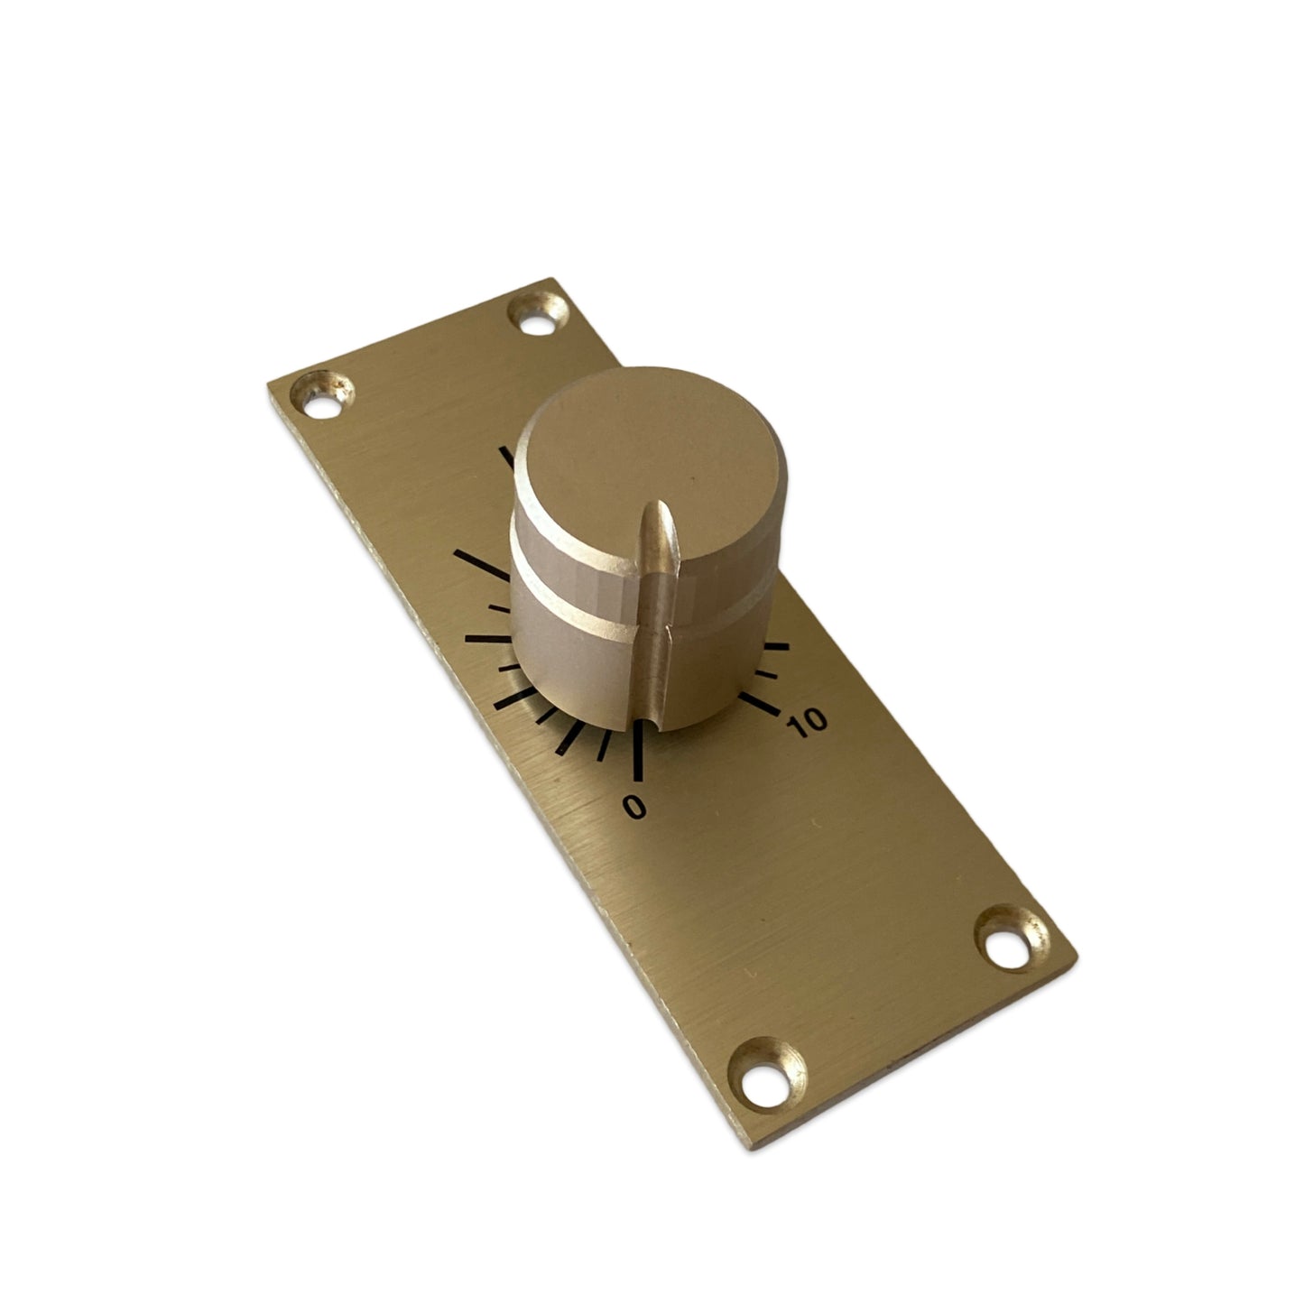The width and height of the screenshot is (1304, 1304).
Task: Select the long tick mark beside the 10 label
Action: [x=759, y=703]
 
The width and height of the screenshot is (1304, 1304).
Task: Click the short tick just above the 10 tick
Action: [x=766, y=673]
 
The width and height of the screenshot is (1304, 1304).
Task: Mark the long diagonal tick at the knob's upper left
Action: [x=482, y=564]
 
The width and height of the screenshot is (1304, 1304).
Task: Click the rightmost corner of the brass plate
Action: [x=1077, y=958]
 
